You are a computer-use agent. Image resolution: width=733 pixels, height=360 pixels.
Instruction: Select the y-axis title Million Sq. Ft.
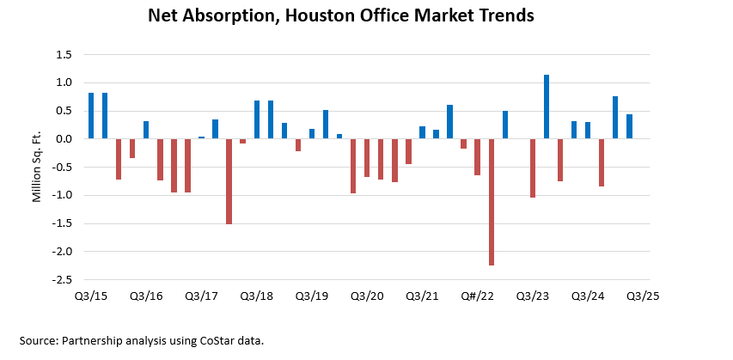click(37, 168)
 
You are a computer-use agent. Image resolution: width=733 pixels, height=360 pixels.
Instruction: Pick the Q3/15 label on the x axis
click(91, 296)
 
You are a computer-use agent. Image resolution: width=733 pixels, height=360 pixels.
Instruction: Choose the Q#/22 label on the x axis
click(477, 296)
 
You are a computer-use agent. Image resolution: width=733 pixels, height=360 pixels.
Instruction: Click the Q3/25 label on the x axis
click(642, 296)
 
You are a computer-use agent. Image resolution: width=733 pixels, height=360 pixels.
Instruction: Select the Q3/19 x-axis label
click(312, 296)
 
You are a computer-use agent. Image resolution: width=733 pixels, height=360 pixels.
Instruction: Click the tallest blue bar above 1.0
click(547, 107)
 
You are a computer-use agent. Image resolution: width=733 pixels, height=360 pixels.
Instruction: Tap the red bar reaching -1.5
click(229, 181)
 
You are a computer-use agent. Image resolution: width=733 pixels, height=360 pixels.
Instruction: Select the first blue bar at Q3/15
click(91, 116)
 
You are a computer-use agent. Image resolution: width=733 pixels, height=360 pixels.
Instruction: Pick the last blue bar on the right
click(629, 126)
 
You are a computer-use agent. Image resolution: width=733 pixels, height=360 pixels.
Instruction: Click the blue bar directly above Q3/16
click(146, 130)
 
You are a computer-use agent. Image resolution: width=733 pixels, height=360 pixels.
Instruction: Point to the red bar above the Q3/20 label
click(367, 158)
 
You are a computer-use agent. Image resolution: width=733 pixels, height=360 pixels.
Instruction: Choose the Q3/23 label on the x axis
click(532, 296)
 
